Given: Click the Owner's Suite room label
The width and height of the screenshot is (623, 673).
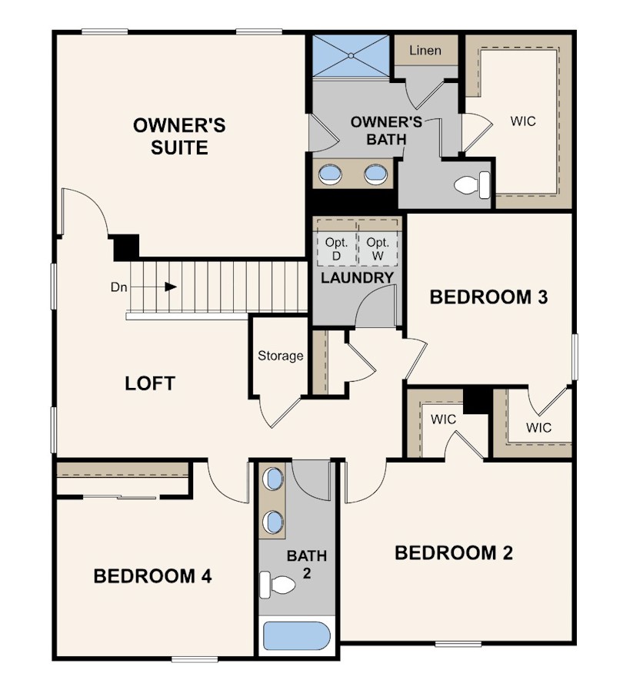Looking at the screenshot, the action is [179, 137].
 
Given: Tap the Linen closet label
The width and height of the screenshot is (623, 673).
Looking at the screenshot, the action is [425, 51].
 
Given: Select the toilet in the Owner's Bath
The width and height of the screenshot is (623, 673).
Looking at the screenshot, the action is [471, 185].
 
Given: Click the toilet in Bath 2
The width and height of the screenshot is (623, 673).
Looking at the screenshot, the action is [278, 584].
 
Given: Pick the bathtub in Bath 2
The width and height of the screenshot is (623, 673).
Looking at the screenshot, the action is [296, 635].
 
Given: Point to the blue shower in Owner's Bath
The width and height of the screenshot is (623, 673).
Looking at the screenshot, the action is [351, 56].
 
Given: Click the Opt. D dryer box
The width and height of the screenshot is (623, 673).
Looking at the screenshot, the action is [336, 249].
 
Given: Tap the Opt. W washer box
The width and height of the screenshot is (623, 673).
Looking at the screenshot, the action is [378, 249].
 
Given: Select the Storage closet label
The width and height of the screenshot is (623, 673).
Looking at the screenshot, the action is [280, 356].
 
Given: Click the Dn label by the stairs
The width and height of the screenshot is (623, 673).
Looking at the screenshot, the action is [119, 287].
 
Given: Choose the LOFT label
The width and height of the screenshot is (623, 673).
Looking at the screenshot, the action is [150, 383].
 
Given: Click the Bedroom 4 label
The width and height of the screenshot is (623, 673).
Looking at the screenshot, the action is [152, 576].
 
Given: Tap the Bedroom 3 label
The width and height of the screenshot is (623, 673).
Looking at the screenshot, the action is [489, 297].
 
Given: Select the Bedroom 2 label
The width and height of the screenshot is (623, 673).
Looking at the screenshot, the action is [454, 553].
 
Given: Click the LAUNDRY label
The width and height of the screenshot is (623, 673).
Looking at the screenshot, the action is [358, 277].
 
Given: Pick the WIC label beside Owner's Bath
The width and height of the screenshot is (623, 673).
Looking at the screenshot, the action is [523, 121].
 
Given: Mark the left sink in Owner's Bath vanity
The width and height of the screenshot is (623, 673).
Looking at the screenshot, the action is [330, 174].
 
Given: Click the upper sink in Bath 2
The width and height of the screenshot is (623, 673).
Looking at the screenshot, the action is [273, 479].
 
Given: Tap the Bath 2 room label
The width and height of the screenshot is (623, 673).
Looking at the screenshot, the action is [307, 564].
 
